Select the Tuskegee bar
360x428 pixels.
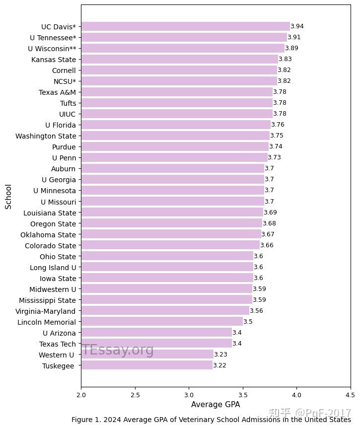click(x=146, y=365)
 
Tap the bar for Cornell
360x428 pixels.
click(x=179, y=70)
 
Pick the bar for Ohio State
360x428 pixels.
click(x=167, y=256)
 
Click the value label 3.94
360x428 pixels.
click(x=297, y=26)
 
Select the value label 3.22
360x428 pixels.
click(x=219, y=365)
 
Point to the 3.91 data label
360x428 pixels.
click(x=294, y=37)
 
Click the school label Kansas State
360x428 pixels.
click(x=54, y=60)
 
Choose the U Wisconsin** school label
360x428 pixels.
click(x=52, y=48)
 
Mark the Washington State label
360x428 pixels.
click(x=46, y=136)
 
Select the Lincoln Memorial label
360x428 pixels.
click(x=47, y=322)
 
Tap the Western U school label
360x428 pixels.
click(x=57, y=355)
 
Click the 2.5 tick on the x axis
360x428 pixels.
click(x=135, y=395)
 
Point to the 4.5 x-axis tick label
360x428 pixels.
click(x=350, y=395)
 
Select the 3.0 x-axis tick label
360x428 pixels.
click(x=189, y=395)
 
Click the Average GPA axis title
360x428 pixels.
click(x=216, y=405)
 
